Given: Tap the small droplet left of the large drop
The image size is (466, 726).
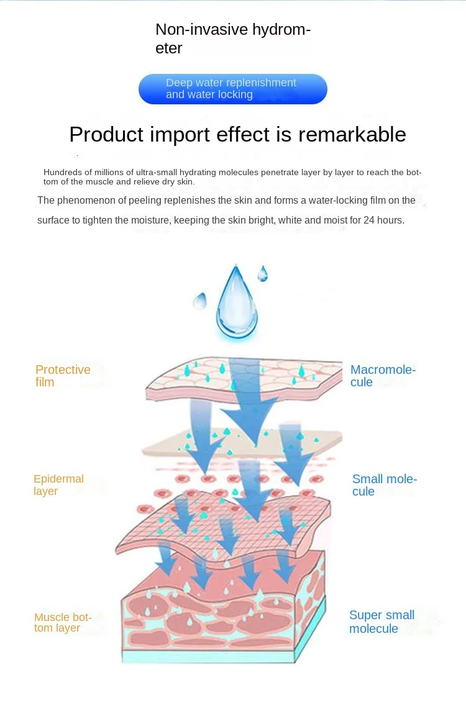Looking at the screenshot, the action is coord(199,301).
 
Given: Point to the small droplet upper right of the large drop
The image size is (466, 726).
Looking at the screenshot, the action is coord(263,273).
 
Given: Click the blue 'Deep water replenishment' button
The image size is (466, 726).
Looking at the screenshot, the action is coord(232,89).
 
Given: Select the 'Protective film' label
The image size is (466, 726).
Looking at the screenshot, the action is coord(63,376).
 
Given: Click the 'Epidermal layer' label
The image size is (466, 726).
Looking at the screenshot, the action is coord(58,485).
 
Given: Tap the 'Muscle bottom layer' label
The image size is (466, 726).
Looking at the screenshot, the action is coord(63,622).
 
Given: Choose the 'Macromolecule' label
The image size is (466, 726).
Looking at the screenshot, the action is coord(383,376).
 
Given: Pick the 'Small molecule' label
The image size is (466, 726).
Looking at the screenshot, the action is coord(384,485).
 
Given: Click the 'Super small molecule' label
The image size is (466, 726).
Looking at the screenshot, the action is coord(381,622).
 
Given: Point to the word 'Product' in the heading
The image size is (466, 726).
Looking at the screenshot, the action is coord(106,134).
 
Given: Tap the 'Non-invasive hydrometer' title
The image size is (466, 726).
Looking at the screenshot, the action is coord(232,39).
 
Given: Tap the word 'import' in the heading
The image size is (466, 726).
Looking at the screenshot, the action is coord(181,134).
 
